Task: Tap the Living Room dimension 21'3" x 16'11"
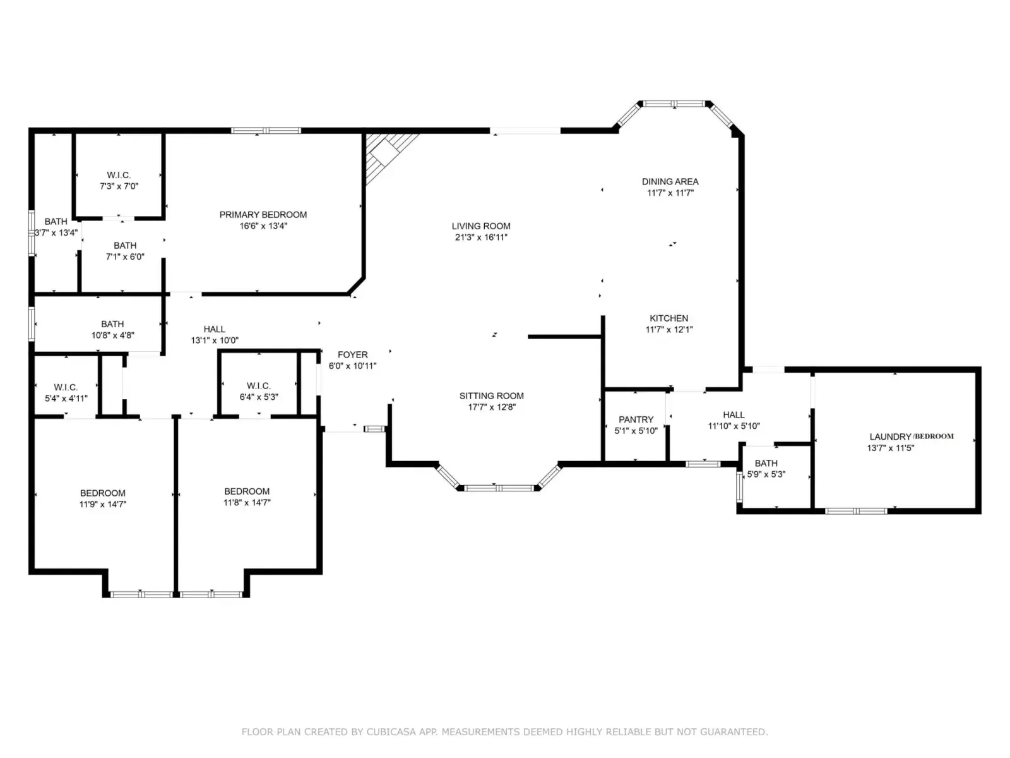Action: [481, 237]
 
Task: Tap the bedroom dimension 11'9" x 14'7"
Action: [103, 504]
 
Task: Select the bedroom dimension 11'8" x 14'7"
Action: [247, 502]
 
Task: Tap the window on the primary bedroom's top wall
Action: [266, 131]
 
